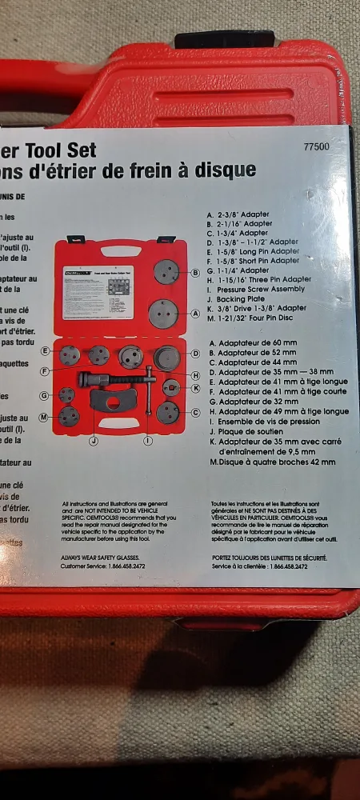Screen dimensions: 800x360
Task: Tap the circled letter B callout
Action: point(195,273)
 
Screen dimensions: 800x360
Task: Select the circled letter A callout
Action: point(195,314)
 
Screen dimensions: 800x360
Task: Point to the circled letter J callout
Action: point(94,441)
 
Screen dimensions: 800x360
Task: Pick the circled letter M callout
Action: point(42,417)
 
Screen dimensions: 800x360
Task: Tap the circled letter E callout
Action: point(45,350)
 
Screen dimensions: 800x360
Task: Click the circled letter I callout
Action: point(148,441)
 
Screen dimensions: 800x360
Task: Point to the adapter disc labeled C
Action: point(168,413)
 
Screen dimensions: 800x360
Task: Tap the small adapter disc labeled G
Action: point(67,394)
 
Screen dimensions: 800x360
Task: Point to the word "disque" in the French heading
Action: point(227,170)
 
